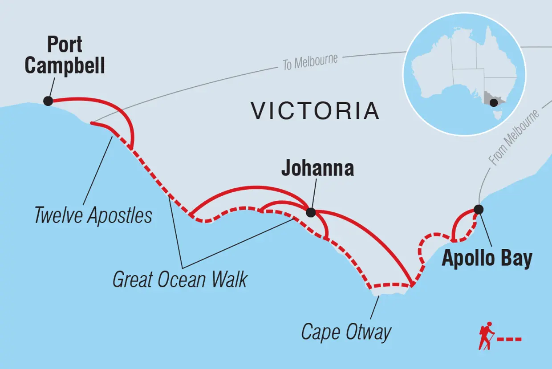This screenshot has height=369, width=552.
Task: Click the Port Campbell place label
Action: [65, 56]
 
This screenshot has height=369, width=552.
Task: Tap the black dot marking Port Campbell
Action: [48, 101]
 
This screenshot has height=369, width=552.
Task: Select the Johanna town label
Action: [317, 168]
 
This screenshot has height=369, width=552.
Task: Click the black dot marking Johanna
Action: [311, 212]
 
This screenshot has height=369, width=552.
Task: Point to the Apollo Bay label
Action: [487, 259]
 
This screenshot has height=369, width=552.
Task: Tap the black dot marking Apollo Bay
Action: [478, 209]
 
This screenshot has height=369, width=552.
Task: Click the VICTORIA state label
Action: [315, 111]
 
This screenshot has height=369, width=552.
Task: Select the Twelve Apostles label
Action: [93, 216]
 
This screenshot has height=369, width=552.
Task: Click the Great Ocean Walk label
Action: [180, 280]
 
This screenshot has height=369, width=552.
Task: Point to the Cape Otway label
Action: [346, 332]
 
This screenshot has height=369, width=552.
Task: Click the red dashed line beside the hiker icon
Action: [509, 340]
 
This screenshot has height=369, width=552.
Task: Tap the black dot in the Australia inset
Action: [494, 103]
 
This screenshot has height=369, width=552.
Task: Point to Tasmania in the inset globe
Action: [497, 116]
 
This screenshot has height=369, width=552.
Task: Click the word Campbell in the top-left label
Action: [65, 66]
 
